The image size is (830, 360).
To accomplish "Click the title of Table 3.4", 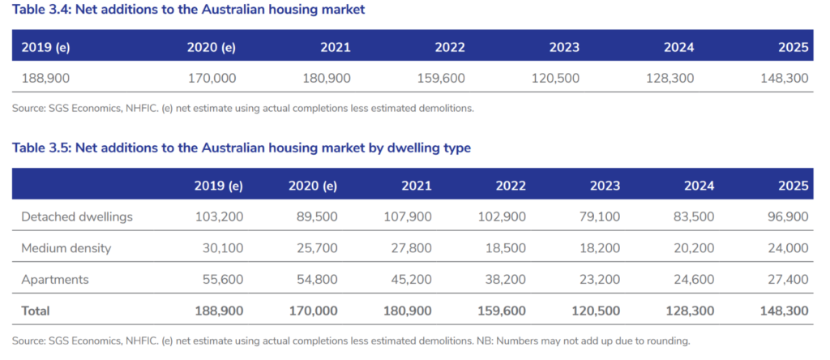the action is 188,10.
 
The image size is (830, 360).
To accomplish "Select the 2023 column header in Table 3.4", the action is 564,47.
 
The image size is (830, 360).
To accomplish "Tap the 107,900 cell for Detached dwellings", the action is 408,216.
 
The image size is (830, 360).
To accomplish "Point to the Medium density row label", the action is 66,248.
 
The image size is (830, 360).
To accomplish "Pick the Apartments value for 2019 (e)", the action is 223,280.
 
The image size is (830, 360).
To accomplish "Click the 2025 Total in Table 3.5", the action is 785,311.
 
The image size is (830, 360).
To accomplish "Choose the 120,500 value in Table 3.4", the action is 555,79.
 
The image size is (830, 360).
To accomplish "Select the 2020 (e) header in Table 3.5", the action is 313,186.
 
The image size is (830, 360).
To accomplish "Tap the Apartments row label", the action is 55,280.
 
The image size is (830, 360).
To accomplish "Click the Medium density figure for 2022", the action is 506,248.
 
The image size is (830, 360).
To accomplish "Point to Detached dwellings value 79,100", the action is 600,216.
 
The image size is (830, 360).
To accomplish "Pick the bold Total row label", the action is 36,311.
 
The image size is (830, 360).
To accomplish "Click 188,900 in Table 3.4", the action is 45,79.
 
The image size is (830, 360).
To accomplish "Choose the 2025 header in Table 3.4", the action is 794,47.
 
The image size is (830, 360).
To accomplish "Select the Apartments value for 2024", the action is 694,280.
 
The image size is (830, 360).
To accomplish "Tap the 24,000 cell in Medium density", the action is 788,248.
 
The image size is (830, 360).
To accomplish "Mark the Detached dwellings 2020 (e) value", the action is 317,216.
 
